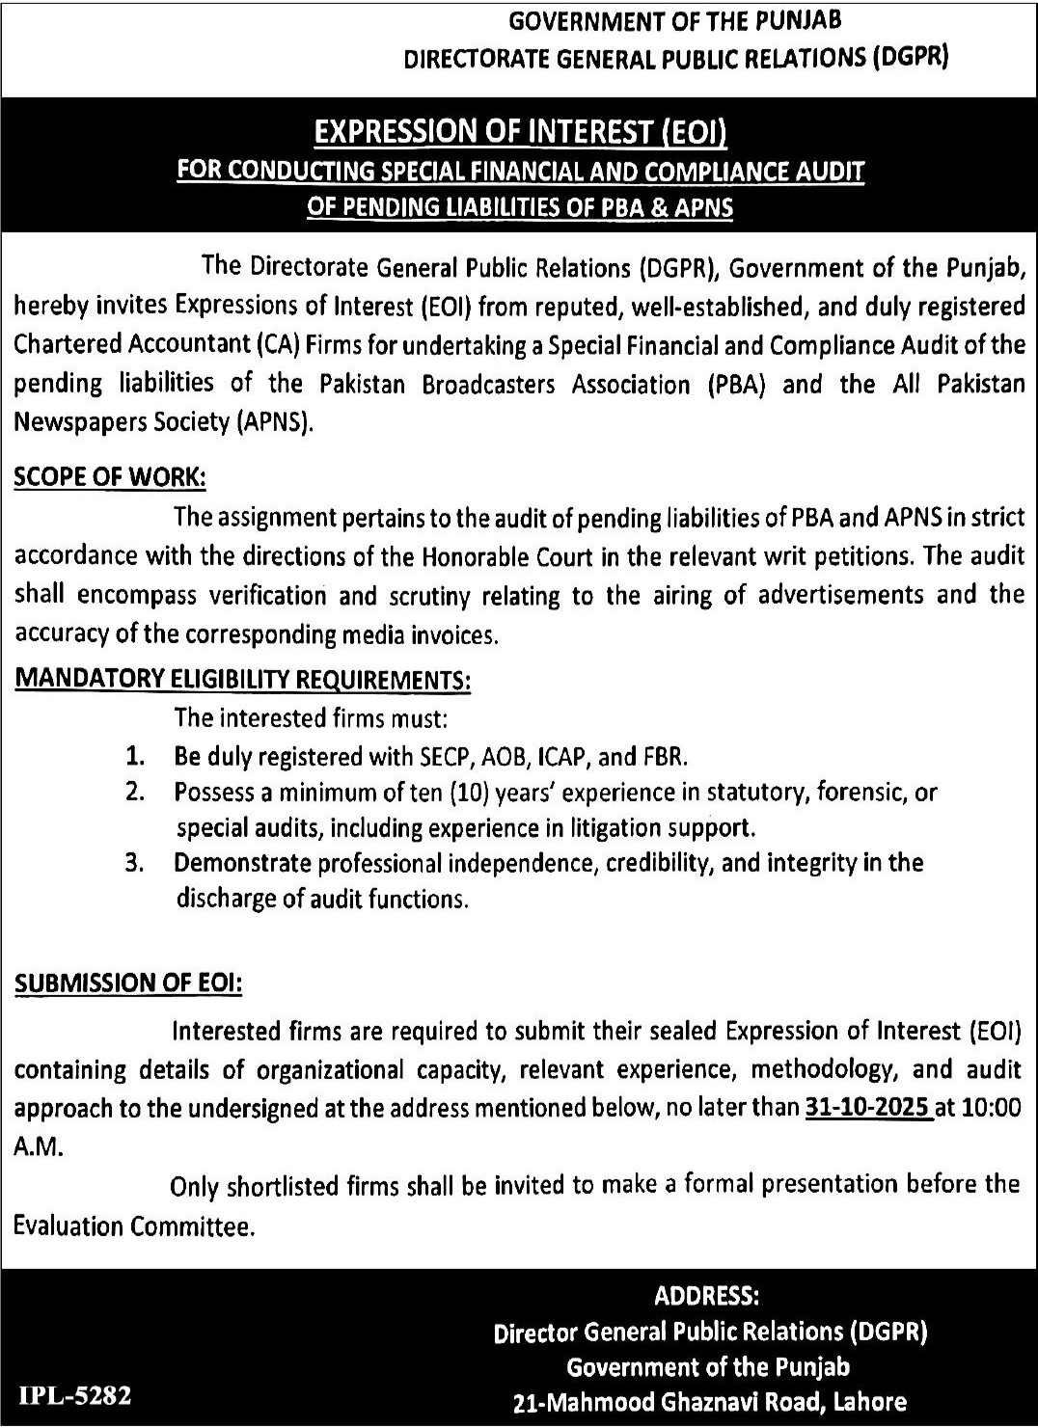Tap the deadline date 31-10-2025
coord(867,1109)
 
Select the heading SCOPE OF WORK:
coord(110,478)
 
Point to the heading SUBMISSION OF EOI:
coord(128,983)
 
